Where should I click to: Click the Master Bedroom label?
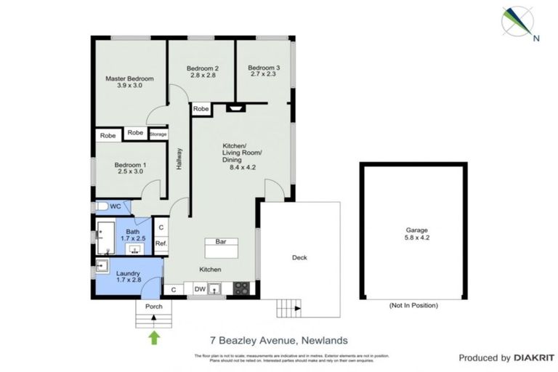click(129, 78)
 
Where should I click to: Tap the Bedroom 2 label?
click(204, 68)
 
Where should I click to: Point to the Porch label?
click(154, 307)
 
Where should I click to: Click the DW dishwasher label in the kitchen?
click(200, 289)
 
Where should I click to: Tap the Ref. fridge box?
click(161, 243)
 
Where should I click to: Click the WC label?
click(115, 207)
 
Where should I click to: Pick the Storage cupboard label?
click(158, 134)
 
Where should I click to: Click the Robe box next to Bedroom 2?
click(201, 109)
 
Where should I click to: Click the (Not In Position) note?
click(413, 306)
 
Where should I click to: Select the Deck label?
click(299, 257)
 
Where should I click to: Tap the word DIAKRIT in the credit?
click(535, 357)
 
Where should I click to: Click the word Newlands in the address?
click(325, 340)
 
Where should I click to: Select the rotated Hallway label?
click(179, 160)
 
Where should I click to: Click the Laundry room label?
click(129, 274)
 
